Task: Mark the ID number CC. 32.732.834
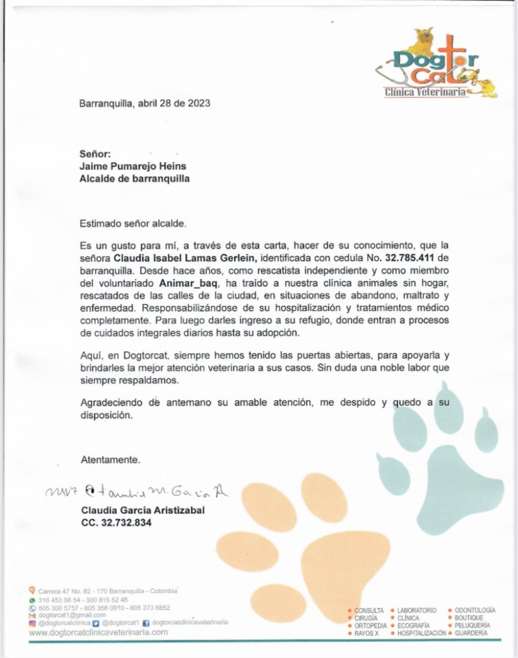pyautogui.click(x=116, y=524)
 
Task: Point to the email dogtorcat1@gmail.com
pyautogui.click(x=72, y=615)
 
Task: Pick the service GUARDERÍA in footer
pyautogui.click(x=471, y=634)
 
